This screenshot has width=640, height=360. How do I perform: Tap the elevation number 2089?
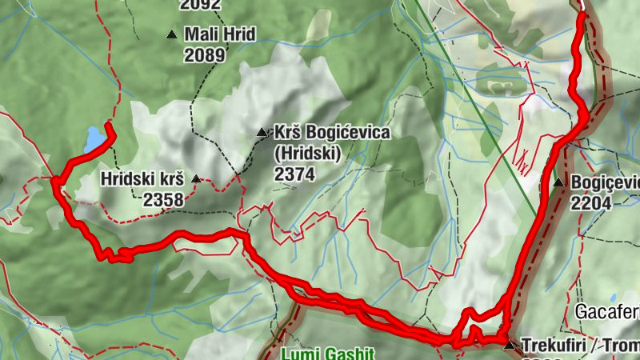205,54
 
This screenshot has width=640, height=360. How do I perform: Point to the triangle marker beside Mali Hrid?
171,34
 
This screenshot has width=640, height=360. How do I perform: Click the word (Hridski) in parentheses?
308,153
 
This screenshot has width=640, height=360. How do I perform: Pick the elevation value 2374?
294,174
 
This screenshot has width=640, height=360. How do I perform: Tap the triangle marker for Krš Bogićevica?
261,132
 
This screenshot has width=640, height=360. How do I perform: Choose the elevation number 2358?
164,199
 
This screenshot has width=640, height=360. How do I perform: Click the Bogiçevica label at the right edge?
605,183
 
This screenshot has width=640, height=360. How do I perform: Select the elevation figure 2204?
591,203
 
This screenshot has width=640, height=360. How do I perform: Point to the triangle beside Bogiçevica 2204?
558,183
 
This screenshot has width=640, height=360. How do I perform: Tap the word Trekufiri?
552,346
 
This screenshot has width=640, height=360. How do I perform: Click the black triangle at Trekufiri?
510,345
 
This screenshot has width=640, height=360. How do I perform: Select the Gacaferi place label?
607,310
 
